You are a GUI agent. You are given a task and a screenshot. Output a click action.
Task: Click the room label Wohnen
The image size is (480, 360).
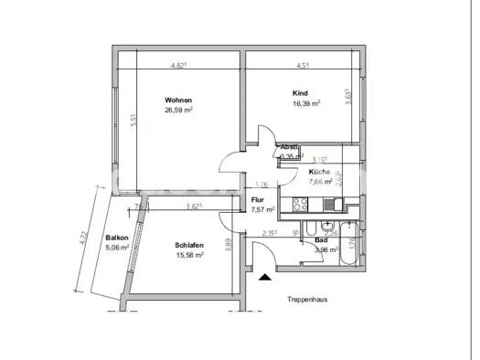(177, 100)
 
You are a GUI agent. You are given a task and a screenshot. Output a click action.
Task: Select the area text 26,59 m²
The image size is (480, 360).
(178, 111)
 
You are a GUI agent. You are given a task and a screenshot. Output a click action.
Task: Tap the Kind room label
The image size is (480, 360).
(300, 93)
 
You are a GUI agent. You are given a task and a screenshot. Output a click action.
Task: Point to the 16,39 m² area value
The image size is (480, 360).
(305, 104)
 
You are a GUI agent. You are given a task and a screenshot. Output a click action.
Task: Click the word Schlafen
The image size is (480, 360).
(187, 246)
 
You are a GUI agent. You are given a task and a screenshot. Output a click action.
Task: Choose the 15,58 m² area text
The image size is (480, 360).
(187, 256)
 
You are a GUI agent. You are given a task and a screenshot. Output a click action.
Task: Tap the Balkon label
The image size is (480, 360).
(115, 237)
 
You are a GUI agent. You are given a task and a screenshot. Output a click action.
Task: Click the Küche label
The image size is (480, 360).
(319, 172)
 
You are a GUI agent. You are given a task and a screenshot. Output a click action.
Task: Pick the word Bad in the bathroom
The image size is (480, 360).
(321, 239)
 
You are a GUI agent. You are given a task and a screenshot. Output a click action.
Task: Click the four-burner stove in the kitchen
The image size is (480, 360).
(300, 204)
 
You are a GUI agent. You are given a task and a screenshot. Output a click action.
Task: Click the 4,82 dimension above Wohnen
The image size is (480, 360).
(178, 66)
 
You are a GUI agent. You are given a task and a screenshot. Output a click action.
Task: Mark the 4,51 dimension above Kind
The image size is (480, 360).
(302, 66)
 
